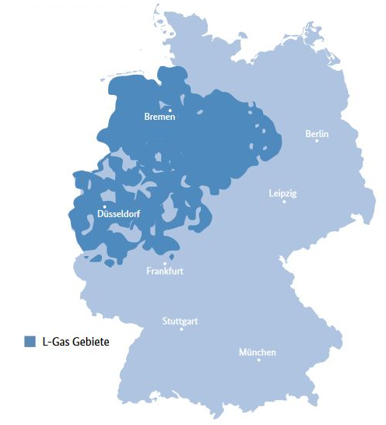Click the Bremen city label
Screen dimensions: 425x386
coord(160,117)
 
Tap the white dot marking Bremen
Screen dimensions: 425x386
coord(170,110)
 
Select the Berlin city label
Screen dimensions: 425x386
coord(317,134)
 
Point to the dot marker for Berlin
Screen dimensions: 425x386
coord(318,141)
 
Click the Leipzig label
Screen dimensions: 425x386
coord(282,193)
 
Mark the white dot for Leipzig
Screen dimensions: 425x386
coord(284,202)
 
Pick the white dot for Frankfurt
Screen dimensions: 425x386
coord(164,263)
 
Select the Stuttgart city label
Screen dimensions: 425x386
coord(181,321)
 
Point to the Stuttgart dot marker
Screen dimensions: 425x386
coord(181,328)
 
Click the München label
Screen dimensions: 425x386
coord(257,353)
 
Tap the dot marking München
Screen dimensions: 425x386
coord(258,360)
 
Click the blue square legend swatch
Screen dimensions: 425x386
coord(30,341)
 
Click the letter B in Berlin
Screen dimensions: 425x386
coord(307,134)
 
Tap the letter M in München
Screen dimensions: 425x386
coord(242,353)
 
